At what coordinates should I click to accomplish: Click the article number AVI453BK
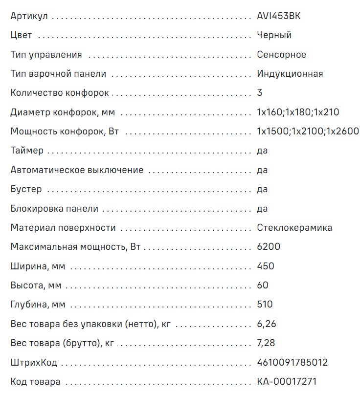[279, 16]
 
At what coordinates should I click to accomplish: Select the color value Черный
[274, 35]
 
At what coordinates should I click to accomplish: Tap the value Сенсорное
[281, 55]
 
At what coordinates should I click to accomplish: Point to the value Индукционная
[290, 74]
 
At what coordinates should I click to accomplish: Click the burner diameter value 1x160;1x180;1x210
[297, 112]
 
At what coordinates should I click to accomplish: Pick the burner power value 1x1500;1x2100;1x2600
[308, 132]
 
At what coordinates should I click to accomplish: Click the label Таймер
[27, 151]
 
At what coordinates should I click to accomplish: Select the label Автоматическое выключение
[77, 170]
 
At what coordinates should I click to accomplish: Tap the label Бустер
[26, 189]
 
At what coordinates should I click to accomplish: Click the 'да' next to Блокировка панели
[262, 209]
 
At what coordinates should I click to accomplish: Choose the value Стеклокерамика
[294, 228]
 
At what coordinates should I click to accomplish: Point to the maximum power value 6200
[269, 247]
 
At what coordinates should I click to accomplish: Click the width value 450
[266, 266]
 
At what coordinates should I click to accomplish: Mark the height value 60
[263, 285]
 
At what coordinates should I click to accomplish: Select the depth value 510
[265, 305]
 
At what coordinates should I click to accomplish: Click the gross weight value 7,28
[267, 343]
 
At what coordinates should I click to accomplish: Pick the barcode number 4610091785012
[292, 363]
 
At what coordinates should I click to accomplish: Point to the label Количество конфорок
[60, 93]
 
